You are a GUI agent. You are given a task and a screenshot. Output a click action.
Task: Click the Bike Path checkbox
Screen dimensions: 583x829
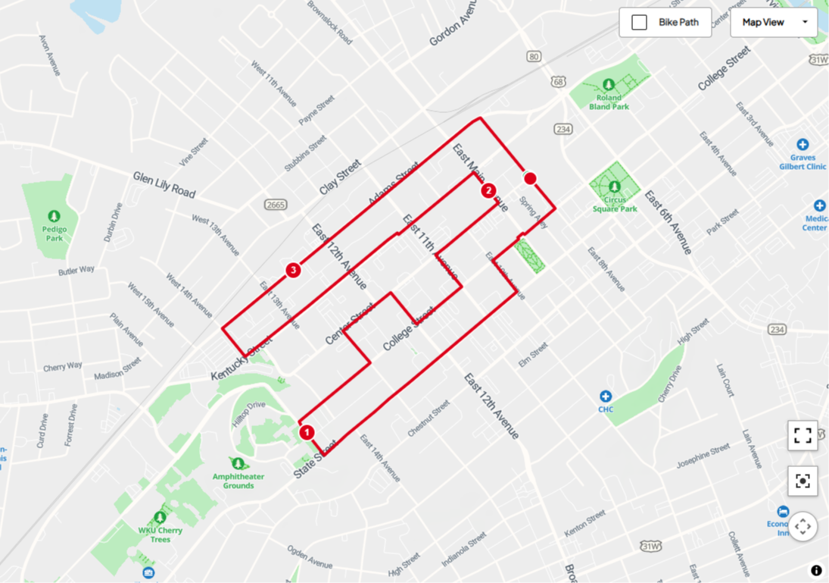point(640,23)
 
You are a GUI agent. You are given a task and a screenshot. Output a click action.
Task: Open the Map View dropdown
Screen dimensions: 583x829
point(773,23)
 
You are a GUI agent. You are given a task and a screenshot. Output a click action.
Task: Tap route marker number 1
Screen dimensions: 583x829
point(307,432)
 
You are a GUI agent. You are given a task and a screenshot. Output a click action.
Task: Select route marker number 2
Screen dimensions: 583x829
point(488,190)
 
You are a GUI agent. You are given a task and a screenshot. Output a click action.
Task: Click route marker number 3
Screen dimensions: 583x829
point(293,270)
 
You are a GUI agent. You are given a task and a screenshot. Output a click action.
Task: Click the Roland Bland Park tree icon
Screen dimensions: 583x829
point(608,84)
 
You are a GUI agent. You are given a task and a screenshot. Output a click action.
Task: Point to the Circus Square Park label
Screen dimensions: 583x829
point(615,205)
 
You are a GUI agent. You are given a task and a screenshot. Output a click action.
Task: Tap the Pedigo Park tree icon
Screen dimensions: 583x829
point(54,218)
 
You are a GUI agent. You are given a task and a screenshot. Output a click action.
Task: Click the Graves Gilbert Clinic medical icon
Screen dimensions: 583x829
point(803,144)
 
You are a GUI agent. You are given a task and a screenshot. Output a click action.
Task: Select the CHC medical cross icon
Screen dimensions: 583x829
point(605,397)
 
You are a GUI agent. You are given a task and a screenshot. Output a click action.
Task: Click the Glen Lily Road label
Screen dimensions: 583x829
point(164,184)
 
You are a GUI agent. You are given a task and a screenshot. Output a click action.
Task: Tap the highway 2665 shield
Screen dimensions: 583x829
point(276,205)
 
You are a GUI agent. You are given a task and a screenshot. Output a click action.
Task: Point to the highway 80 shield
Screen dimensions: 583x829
point(534,57)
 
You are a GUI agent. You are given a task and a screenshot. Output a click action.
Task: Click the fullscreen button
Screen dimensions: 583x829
point(803,436)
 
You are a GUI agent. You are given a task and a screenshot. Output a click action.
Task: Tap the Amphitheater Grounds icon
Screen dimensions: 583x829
point(238,463)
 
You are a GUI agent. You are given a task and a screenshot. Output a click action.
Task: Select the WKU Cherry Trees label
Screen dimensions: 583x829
point(160,534)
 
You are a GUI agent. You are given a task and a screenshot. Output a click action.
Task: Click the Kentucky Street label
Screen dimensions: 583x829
point(242,359)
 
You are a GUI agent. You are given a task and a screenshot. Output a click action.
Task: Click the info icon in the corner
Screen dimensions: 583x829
point(816,570)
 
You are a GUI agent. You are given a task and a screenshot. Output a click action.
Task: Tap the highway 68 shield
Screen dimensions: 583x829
point(559,81)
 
